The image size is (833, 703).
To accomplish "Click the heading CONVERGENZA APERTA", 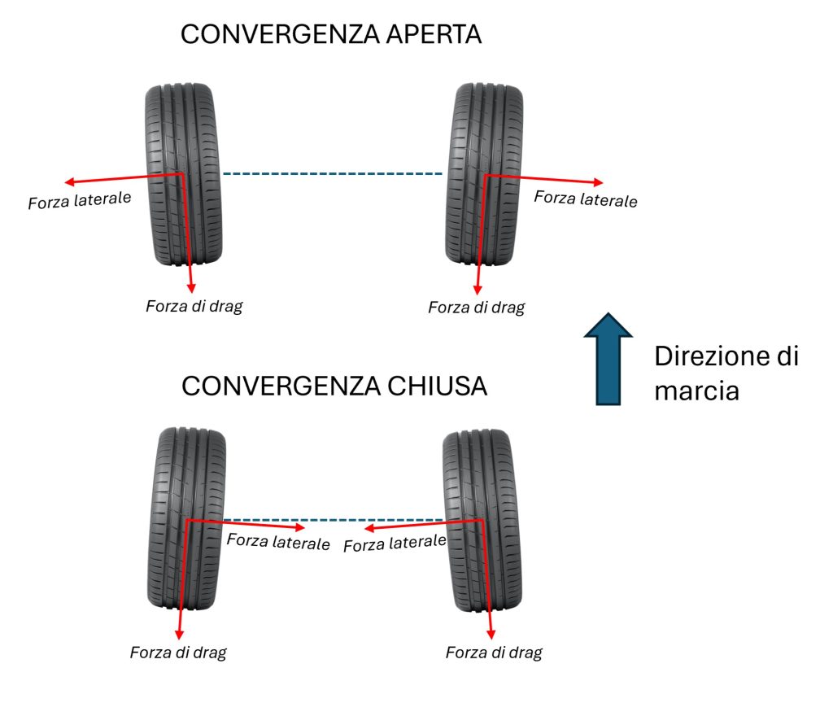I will (331, 35).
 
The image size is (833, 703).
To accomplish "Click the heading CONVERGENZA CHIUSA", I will (334, 386).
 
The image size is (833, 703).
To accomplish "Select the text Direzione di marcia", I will (726, 373).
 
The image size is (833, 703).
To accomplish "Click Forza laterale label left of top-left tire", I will (80, 199).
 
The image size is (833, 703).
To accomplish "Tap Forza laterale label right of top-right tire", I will (586, 198).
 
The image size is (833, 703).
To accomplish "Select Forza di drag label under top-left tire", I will (194, 307).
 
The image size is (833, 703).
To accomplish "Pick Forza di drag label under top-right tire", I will (476, 308).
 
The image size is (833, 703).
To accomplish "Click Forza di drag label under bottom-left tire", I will (178, 653).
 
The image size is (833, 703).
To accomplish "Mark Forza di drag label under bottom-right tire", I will (494, 653).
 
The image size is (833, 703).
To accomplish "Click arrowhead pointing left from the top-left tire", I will (70, 181).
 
